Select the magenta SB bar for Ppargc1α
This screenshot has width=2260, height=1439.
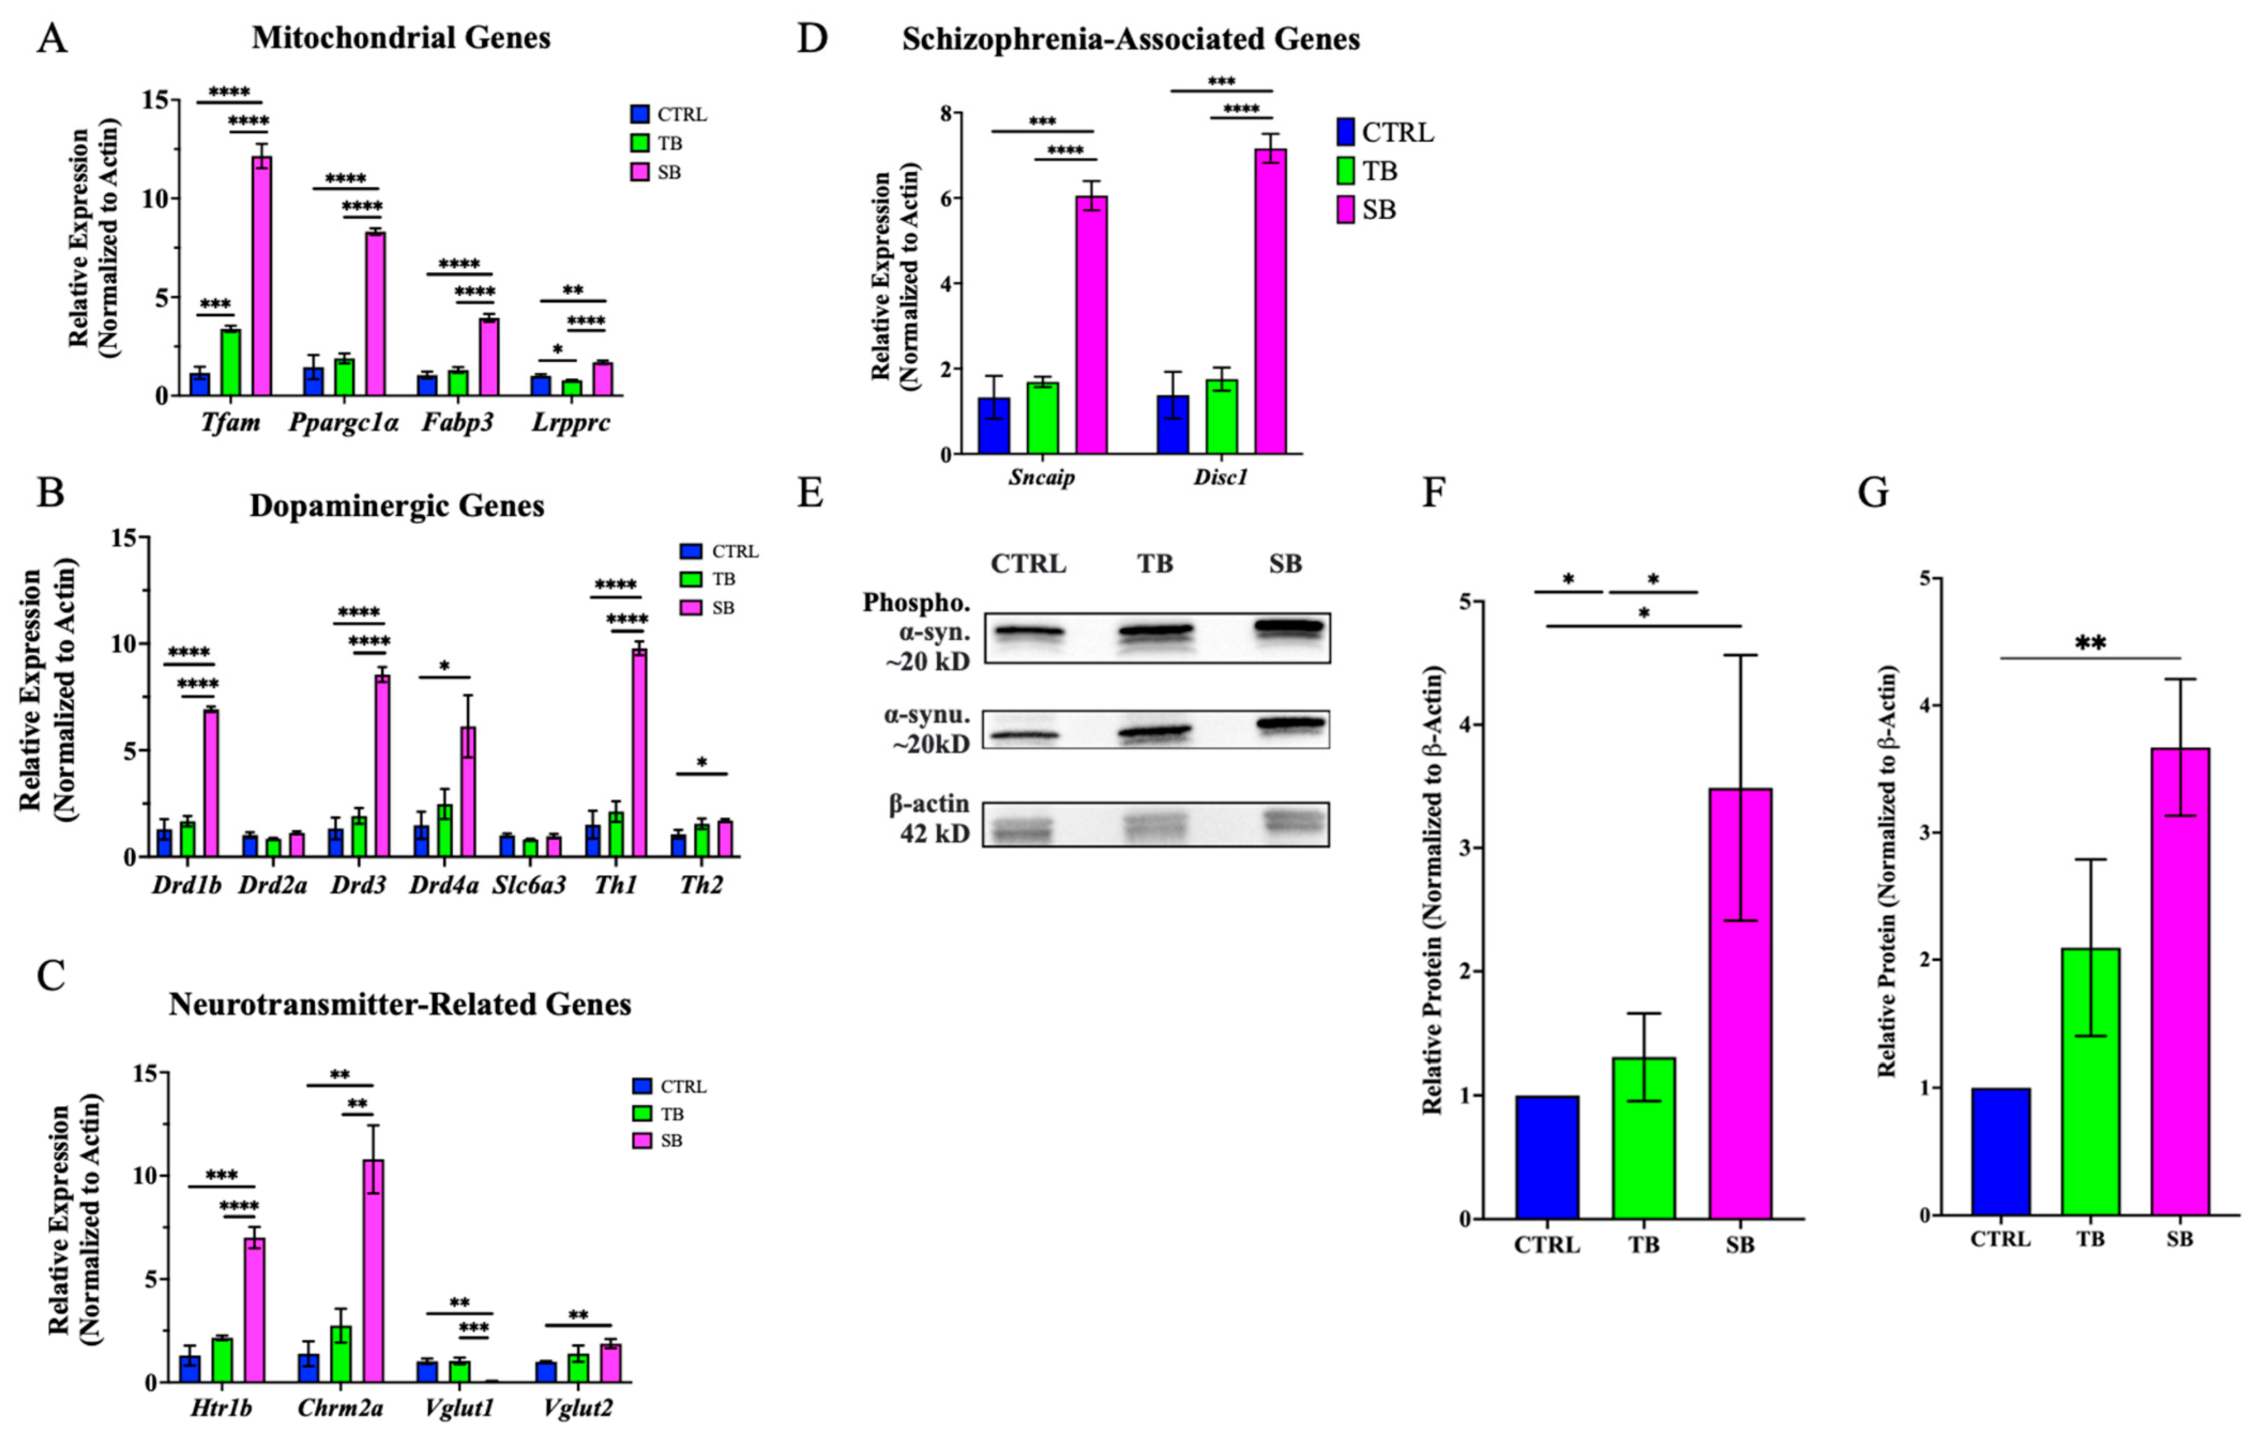[x=375, y=314]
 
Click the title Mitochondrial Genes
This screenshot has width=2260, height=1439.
[x=401, y=39]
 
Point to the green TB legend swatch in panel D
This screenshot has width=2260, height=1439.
[x=1345, y=172]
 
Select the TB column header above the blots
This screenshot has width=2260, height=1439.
[x=1155, y=564]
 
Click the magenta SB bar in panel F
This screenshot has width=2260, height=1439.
[x=1740, y=1004]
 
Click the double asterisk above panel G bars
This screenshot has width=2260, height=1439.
[x=2090, y=644]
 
